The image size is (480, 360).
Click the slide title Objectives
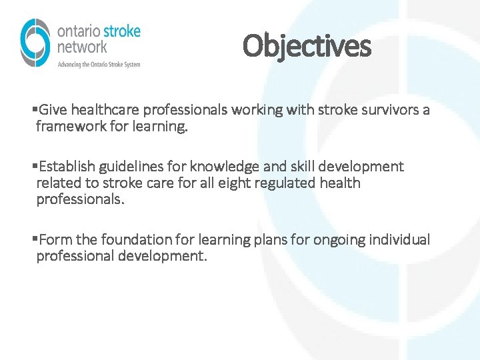click(x=307, y=46)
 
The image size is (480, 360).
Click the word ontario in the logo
click(x=79, y=32)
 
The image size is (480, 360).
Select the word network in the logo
click(x=82, y=47)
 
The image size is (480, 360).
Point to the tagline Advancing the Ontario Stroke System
click(x=99, y=64)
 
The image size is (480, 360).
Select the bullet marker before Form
click(x=34, y=239)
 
